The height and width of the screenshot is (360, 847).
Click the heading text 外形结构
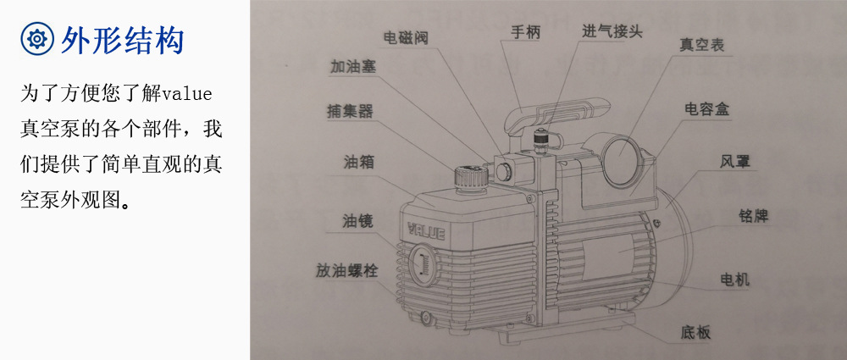click(122, 39)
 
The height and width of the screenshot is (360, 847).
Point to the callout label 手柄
click(525, 33)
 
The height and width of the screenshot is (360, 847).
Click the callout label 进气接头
click(612, 32)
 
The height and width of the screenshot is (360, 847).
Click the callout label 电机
click(734, 279)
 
